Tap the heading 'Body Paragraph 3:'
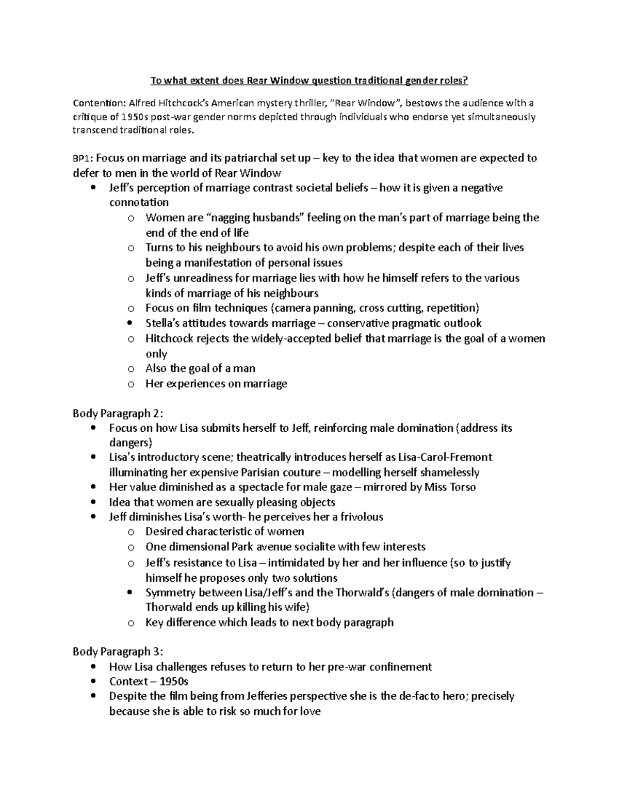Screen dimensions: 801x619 (118, 651)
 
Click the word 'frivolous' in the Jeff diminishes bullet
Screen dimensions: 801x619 (360, 517)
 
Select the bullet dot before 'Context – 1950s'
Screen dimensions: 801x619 (92, 681)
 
